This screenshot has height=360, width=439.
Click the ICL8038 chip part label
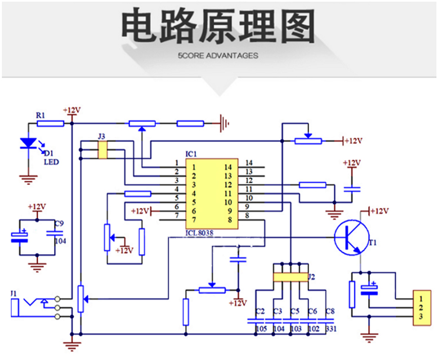pyautogui.click(x=199, y=232)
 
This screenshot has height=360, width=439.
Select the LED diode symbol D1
pyautogui.click(x=26, y=144)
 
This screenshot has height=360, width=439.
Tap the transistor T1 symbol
pyautogui.click(x=351, y=237)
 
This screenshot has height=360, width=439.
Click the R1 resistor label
pyautogui.click(x=41, y=115)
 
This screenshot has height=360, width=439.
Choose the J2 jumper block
pyautogui.click(x=289, y=277)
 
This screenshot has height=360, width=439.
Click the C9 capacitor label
pyautogui.click(x=59, y=224)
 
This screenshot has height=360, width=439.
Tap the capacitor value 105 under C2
pyautogui.click(x=261, y=328)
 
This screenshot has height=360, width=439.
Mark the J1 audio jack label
pyautogui.click(x=14, y=294)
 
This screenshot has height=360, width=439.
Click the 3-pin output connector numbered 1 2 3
pyautogui.click(x=420, y=309)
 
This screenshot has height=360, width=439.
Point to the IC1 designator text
pyautogui.click(x=191, y=154)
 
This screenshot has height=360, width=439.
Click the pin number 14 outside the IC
pyautogui.click(x=249, y=163)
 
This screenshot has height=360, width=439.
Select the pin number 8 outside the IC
pyautogui.click(x=248, y=215)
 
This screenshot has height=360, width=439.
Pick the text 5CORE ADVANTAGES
pyautogui.click(x=218, y=56)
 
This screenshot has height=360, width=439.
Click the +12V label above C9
pyautogui.click(x=37, y=206)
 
